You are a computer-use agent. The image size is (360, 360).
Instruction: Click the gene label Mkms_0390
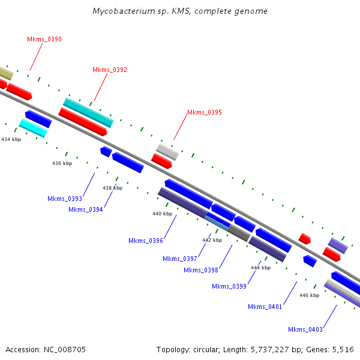tap(44, 39)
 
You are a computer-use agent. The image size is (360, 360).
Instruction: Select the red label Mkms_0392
tap(110, 70)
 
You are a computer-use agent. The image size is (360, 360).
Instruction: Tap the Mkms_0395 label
tap(205, 112)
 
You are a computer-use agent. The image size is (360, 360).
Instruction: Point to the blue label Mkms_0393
tap(65, 199)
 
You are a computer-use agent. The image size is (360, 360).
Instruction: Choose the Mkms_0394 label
tap(86, 209)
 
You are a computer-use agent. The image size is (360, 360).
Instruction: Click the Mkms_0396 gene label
tap(146, 241)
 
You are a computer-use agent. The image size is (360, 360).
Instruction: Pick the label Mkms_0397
tap(180, 259)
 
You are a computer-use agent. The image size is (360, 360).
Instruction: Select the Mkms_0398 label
tap(201, 270)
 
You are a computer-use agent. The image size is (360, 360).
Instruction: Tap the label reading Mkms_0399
tap(229, 286)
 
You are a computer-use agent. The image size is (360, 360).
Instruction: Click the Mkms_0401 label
tap(265, 307)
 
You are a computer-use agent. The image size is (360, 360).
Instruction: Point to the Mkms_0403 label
tap(305, 329)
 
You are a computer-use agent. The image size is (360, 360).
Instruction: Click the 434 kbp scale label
tap(11, 139)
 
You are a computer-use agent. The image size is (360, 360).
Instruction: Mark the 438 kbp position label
tap(112, 188)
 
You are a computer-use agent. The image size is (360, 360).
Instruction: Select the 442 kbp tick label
tap(212, 240)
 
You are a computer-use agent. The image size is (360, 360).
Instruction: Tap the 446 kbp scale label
tap(309, 295)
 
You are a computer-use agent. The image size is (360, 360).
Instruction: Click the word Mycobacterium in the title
tap(121, 11)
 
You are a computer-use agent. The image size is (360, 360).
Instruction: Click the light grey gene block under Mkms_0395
tap(167, 152)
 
